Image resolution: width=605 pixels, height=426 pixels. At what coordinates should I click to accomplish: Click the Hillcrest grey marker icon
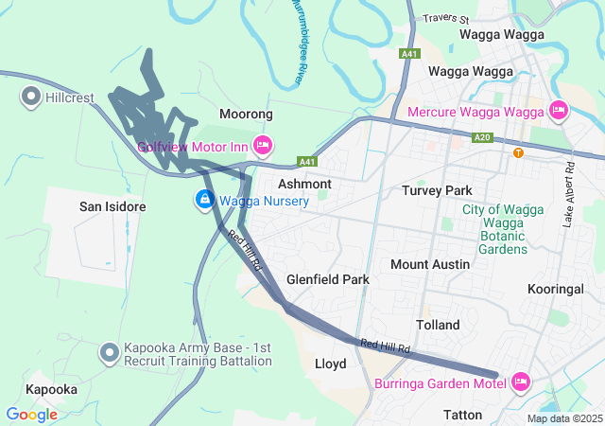(x=30, y=96)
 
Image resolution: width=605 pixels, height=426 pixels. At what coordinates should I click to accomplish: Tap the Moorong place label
(x=246, y=114)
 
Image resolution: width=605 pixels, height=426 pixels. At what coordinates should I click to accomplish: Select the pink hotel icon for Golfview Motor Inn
(x=263, y=146)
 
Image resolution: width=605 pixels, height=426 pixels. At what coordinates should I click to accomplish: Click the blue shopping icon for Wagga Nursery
(x=204, y=200)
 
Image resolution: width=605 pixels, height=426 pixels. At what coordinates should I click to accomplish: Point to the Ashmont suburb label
(x=304, y=184)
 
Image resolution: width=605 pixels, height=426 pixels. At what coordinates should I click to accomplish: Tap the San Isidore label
(x=112, y=206)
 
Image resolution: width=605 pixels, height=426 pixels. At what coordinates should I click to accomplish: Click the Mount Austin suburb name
(x=430, y=264)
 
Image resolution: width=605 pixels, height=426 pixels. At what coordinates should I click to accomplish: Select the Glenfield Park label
(x=328, y=280)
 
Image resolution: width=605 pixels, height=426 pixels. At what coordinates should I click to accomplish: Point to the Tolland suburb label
(x=438, y=325)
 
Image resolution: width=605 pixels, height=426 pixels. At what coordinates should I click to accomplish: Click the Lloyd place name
(x=330, y=364)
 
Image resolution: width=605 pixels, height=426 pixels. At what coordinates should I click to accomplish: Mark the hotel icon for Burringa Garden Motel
(x=521, y=382)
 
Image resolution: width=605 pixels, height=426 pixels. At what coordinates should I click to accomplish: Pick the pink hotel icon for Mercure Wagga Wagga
(x=558, y=112)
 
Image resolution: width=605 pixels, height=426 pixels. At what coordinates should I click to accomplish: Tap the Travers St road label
(x=447, y=18)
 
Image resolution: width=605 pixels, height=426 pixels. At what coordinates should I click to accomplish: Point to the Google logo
(x=31, y=415)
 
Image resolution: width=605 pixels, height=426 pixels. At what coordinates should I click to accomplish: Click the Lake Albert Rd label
(x=569, y=194)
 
